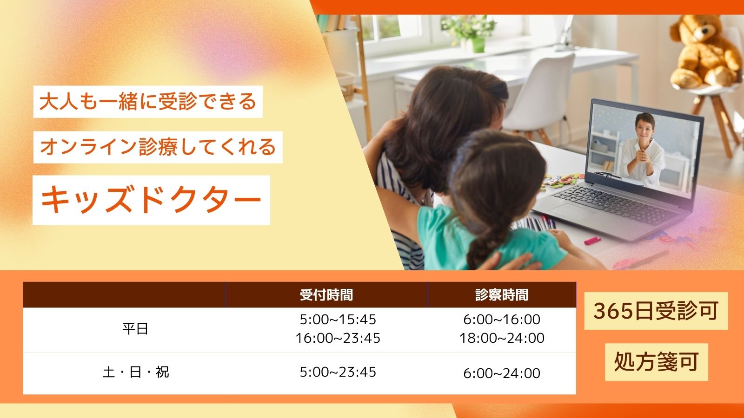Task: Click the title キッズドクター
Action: (x=151, y=200)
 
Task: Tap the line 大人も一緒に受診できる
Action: (x=148, y=102)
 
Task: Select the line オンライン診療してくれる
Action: (x=158, y=147)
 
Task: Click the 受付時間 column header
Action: (x=326, y=295)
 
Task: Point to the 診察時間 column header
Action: (x=501, y=295)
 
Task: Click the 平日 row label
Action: (x=135, y=329)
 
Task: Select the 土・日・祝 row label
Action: (x=135, y=372)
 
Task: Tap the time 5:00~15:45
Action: (x=338, y=320)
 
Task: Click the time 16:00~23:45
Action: (x=338, y=338)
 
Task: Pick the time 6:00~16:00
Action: (x=501, y=320)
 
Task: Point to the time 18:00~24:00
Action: (x=501, y=338)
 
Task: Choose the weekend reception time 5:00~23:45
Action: (x=338, y=372)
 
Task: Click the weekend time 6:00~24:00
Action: (x=501, y=373)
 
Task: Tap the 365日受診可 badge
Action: (x=656, y=311)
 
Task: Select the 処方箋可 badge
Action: (x=656, y=362)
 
